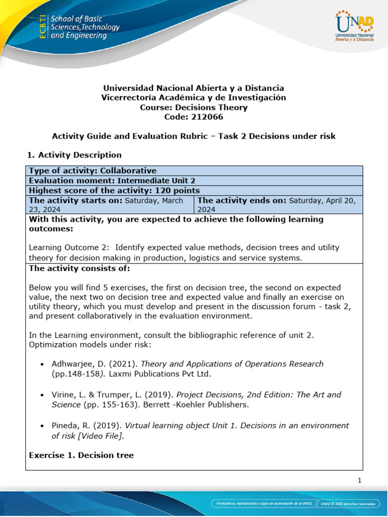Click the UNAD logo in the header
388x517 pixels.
[354, 26]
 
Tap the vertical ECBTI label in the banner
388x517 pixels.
[43, 27]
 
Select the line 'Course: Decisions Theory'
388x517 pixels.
[193, 107]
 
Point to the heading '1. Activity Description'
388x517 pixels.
[75, 154]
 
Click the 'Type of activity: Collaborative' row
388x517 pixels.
[93, 171]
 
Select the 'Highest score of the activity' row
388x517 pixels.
[115, 190]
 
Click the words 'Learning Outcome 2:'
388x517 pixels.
[69, 247]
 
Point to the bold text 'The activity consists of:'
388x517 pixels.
[79, 268]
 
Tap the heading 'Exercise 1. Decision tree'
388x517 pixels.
[81, 455]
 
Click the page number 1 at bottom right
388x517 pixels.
[359, 481]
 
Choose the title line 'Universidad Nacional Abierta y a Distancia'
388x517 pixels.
[193, 88]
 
